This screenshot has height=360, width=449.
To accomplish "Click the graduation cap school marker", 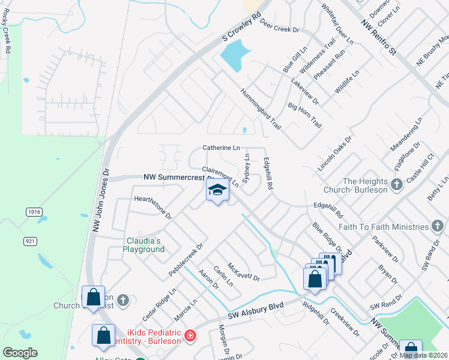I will [x=217, y=191].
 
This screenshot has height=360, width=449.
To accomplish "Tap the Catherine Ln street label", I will [x=221, y=147].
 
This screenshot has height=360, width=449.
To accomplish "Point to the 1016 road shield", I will [x=34, y=212].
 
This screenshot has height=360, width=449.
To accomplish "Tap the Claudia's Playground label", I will [x=144, y=245].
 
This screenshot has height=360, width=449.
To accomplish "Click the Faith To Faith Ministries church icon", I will [x=438, y=226].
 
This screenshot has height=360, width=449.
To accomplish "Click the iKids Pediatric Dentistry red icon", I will [x=190, y=335].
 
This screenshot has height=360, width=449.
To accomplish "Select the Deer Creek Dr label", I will [x=279, y=28].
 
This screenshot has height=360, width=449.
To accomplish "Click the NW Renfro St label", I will [x=379, y=37].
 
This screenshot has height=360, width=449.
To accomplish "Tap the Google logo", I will [x=20, y=353].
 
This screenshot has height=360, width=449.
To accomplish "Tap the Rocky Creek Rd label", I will [x=8, y=38].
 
